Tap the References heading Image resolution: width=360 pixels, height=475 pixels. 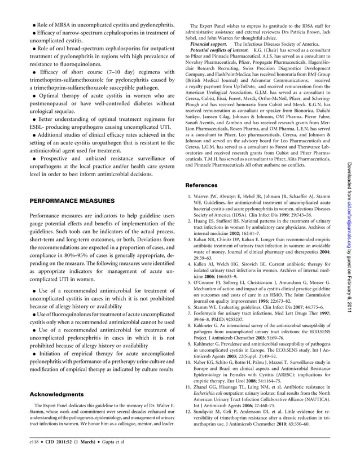pos(202,185)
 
